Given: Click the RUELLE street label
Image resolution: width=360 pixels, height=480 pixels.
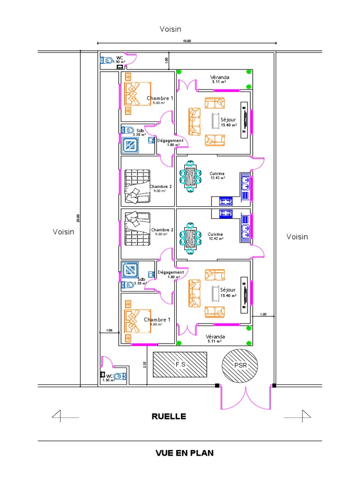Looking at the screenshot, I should point(169,416).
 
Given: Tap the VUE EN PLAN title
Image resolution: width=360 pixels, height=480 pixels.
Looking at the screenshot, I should point(184,453).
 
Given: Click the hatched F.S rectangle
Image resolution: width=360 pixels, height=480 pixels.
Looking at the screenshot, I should point(180,364).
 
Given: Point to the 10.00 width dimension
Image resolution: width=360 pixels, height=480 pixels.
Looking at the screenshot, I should point(187,41).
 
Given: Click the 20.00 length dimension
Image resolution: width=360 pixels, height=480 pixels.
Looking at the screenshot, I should point(78,218).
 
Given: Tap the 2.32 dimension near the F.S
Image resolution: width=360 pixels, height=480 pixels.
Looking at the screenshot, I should point(144,364).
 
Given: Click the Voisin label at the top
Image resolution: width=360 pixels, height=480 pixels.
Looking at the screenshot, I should point(170,29).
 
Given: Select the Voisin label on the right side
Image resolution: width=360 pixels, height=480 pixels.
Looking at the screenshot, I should point(297,237).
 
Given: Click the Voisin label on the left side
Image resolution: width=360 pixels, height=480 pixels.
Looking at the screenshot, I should point(63,232).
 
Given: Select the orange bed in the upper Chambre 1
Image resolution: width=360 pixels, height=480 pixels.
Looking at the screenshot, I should point(137,94).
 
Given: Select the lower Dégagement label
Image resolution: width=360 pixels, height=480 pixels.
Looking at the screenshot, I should point(171,272).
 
